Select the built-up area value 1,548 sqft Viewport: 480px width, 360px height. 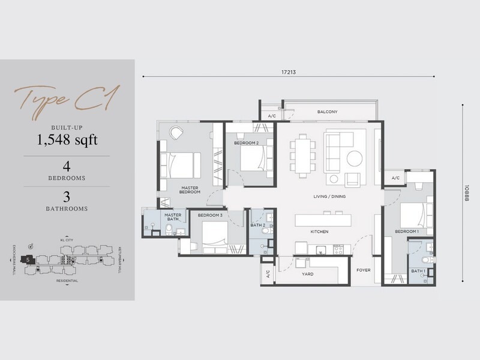pos(67,141)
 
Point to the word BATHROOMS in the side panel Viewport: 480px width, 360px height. pos(67,209)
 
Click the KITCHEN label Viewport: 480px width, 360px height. pos(319,231)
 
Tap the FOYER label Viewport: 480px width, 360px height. pos(364,270)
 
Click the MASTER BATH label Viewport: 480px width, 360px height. pos(173,217)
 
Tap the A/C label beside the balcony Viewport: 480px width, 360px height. pos(271,115)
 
